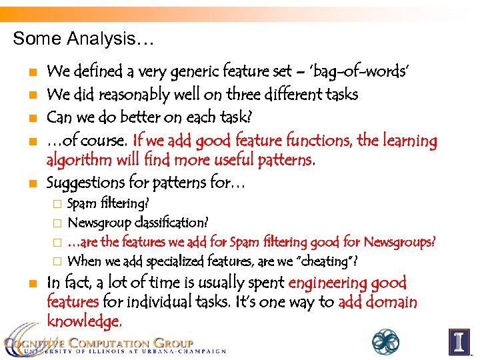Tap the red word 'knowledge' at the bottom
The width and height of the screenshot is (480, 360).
click(83, 321)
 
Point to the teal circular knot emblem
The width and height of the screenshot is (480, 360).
click(385, 341)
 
